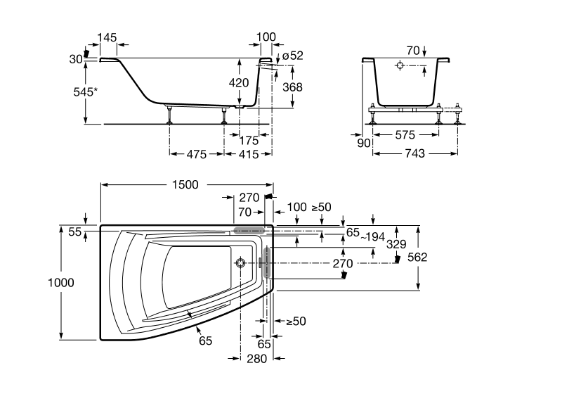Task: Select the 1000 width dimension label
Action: (61, 282)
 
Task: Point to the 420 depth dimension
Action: (239, 82)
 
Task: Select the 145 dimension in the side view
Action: (107, 37)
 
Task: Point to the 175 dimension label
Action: (248, 140)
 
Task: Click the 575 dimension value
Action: (405, 134)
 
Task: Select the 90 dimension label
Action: (364, 144)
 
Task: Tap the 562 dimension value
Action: (417, 257)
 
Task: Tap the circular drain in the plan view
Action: (241, 263)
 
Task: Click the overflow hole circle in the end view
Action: (400, 66)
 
